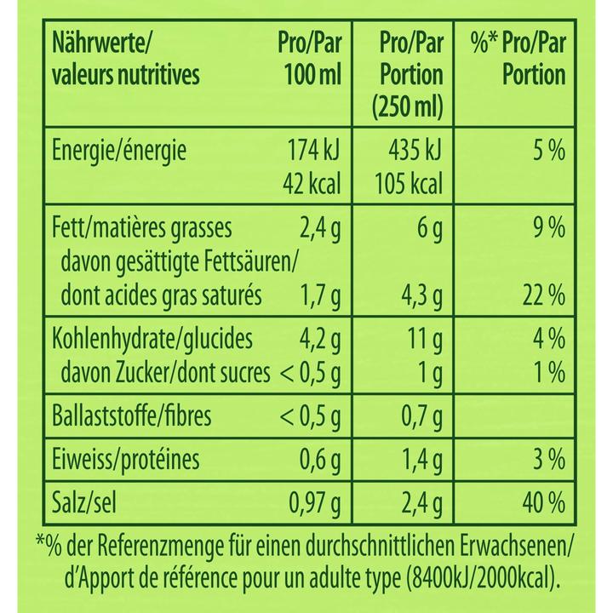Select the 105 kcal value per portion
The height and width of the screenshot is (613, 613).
pos(407,184)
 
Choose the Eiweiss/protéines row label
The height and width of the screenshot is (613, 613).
pos(126,461)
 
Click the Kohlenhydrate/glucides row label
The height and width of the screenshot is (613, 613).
pos(152,339)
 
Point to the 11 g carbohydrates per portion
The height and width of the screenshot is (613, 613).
pos(423,339)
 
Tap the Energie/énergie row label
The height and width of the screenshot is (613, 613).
pos(120,152)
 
